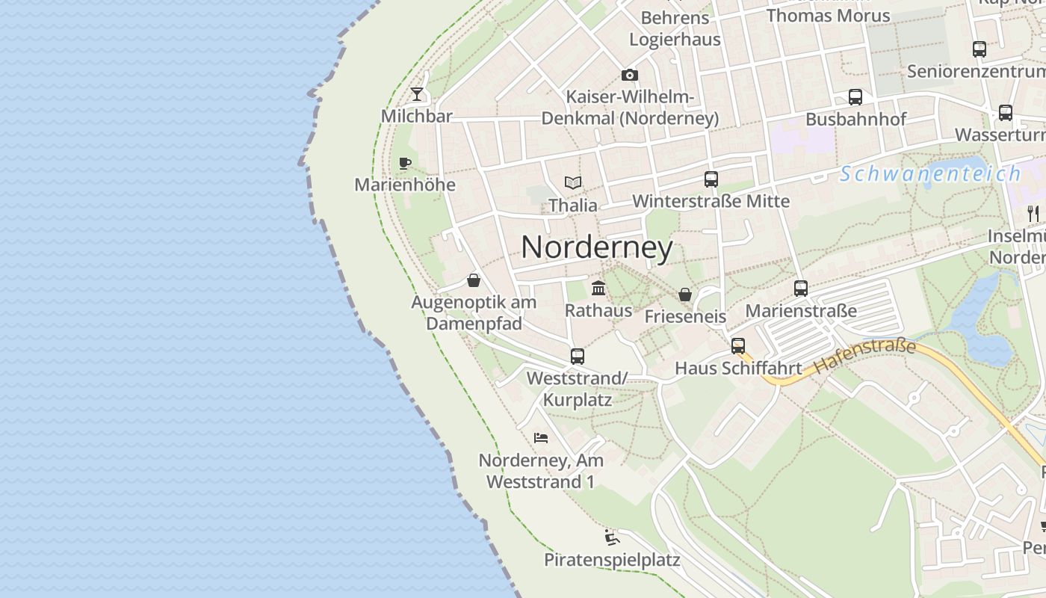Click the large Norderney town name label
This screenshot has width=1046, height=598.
pos(596,247)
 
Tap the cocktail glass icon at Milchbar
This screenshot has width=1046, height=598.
pos(417,94)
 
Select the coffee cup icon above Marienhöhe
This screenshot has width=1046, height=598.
pos(405,163)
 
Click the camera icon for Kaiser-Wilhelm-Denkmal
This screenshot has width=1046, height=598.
pos(630,75)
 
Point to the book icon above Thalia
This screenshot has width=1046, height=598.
pos(573,182)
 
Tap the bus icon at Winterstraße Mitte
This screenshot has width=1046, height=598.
pos(711,179)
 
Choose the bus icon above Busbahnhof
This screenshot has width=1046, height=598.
pos(855,97)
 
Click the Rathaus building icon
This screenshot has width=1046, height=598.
pos(598,288)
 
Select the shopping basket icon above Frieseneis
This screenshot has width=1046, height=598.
pos(684,295)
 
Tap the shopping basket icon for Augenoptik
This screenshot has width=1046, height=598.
pos(473,280)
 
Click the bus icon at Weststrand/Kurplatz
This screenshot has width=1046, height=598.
pos(577,357)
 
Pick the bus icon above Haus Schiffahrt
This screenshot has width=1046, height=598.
pos(738,346)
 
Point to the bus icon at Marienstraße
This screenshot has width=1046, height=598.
pos(801,289)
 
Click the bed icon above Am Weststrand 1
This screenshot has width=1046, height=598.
pos(541,438)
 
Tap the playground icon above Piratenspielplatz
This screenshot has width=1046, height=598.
pos(611,537)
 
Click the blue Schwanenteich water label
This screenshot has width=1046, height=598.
pos(929,174)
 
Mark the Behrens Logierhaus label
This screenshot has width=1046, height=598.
pos(675,28)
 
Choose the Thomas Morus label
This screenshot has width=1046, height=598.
pos(828,15)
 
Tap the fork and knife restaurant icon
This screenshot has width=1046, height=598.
pos(1033,213)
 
